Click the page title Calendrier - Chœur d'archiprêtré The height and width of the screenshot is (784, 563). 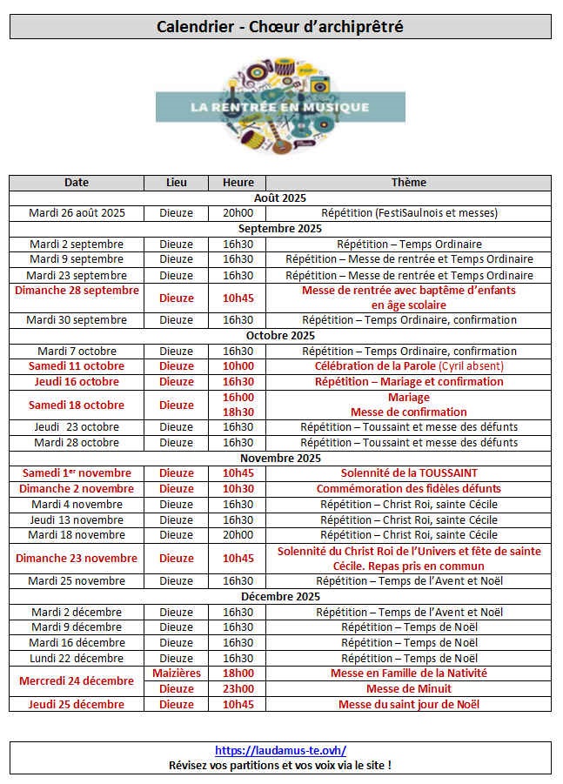coord(280,27)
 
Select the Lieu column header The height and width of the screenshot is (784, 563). coord(176,183)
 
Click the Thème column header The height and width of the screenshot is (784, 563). coord(409,183)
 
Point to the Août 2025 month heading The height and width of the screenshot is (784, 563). coord(280,198)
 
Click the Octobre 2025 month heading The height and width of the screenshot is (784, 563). coord(280,335)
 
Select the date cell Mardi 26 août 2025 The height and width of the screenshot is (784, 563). coord(77,213)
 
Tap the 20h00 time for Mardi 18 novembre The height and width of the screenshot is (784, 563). coord(238,535)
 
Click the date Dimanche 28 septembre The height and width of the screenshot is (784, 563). coord(77,291)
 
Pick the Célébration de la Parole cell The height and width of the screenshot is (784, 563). coord(409,366)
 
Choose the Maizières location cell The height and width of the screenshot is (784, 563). coord(176,673)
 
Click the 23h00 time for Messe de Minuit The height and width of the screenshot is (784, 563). coord(238,688)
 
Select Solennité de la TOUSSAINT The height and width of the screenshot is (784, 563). coord(409,473)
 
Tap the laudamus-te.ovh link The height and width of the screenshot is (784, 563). coord(280,750)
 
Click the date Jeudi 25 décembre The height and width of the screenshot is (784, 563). coord(77,704)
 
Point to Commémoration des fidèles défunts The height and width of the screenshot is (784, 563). coord(409,489)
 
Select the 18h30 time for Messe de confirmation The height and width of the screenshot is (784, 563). coord(238,412)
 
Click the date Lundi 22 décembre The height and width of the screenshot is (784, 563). coord(77,658)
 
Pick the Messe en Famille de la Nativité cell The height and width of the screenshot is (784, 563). coord(409,673)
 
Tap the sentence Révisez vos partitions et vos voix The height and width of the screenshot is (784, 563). coord(280,765)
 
